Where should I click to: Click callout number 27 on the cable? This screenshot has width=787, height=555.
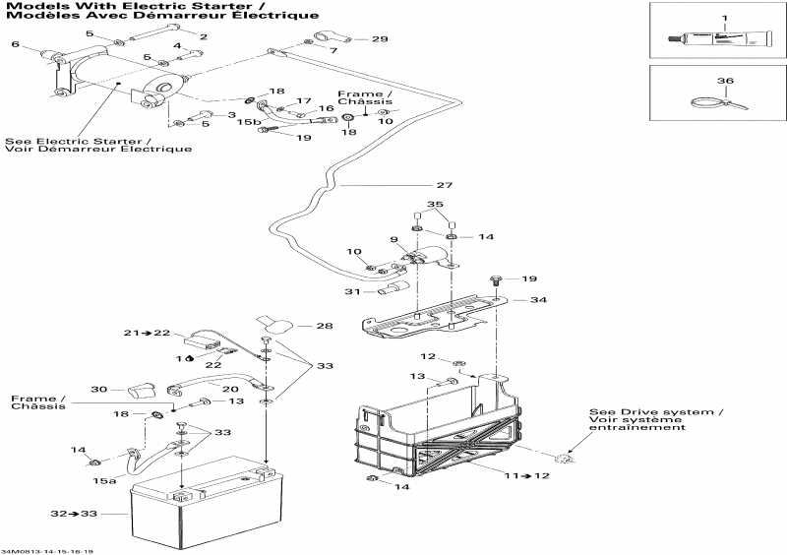(x=445, y=186)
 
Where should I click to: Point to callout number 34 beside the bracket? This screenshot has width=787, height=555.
(x=537, y=299)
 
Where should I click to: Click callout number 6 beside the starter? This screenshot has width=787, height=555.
(x=14, y=44)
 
